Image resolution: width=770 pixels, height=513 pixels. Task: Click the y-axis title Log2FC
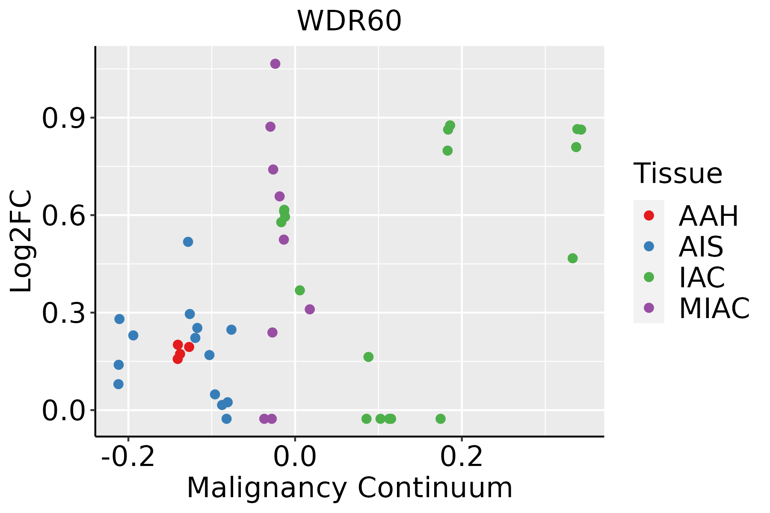coord(21,242)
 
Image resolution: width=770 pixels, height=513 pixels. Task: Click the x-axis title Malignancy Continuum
coord(349,488)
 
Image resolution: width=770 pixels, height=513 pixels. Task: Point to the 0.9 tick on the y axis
coord(62,118)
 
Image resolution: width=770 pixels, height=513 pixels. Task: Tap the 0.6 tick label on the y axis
coord(62,215)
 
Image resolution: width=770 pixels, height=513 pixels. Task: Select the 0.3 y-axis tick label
coord(62,313)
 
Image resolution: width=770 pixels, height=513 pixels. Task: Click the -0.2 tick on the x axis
coord(128,457)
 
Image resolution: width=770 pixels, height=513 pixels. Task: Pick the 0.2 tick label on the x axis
coord(462,457)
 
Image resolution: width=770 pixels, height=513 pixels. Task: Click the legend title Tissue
coord(678,174)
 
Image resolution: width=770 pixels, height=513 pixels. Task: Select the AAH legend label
coord(708,216)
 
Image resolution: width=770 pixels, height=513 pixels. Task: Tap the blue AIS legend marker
coord(649,246)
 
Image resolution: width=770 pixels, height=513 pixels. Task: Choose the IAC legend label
coord(702,277)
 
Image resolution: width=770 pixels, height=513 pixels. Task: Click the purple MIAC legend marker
coord(649,308)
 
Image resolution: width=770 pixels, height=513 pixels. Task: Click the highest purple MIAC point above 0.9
coord(275,64)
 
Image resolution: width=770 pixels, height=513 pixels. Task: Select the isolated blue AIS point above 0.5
coord(188,242)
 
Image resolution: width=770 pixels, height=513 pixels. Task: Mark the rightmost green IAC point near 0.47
coord(572,258)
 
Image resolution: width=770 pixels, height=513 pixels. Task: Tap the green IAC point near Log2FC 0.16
coord(368,357)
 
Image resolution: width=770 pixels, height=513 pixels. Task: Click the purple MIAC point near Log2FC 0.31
coord(310,309)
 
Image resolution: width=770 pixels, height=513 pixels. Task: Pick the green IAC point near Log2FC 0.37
coord(300,290)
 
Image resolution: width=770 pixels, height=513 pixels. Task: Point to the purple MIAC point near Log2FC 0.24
coord(272,332)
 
